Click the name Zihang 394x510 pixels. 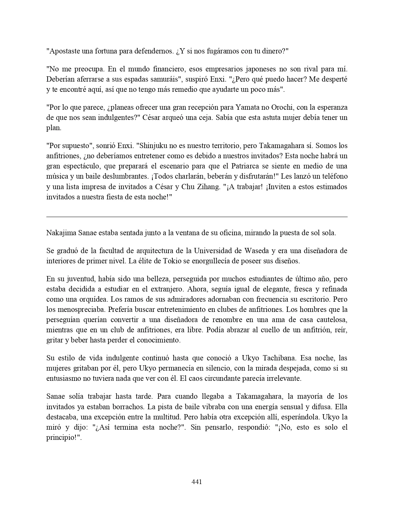pyautogui.click(x=207, y=187)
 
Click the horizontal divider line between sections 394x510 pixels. pyautogui.click(x=197, y=217)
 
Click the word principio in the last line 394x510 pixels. pyautogui.click(x=61, y=438)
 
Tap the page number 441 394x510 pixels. pyautogui.click(x=197, y=482)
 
